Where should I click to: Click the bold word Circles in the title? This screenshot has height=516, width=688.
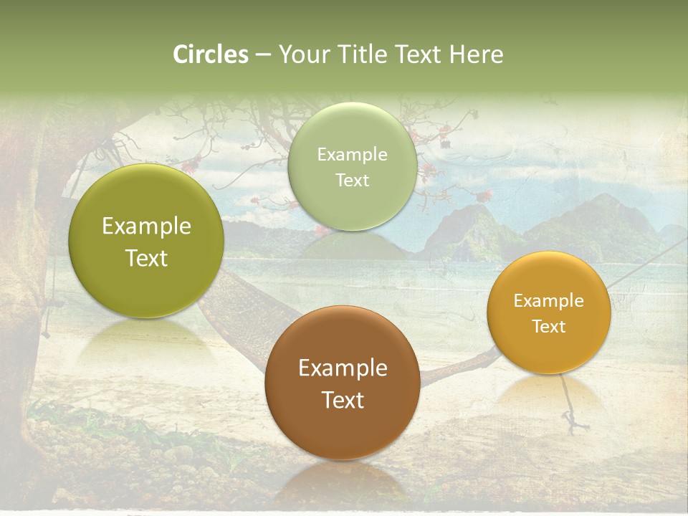click(x=210, y=54)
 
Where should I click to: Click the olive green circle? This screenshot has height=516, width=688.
click(x=146, y=241)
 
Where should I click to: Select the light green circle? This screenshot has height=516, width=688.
click(x=352, y=166)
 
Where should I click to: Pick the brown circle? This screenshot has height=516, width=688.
click(x=343, y=383)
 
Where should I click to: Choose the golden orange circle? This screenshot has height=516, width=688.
click(x=549, y=312)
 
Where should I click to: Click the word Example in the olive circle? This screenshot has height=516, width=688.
click(x=146, y=226)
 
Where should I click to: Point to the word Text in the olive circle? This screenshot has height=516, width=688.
click(x=146, y=258)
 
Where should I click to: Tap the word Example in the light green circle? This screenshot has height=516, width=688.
click(x=352, y=154)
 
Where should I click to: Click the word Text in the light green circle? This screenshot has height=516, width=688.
click(x=352, y=180)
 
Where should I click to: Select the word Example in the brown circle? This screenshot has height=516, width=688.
click(x=343, y=368)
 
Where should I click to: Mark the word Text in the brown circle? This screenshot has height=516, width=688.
click(x=343, y=400)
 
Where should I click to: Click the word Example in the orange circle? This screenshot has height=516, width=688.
click(x=549, y=300)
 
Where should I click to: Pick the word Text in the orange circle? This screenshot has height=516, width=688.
click(x=549, y=326)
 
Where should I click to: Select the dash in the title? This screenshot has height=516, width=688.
click(x=263, y=55)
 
